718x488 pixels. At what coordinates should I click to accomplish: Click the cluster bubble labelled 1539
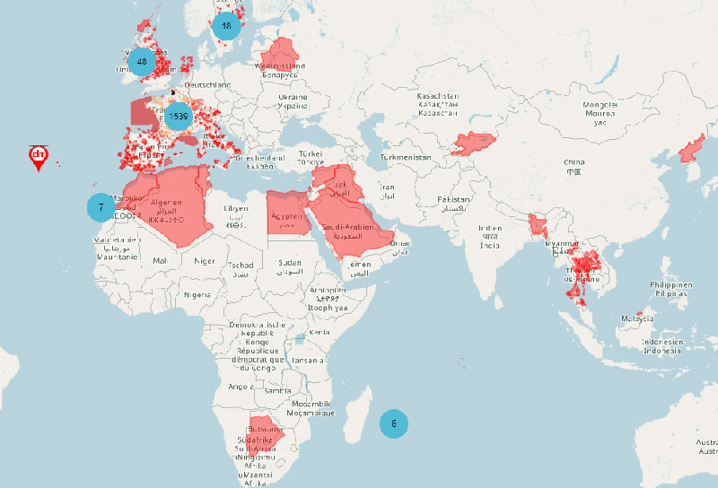[x=178, y=116]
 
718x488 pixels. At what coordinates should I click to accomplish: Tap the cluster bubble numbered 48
[x=142, y=61]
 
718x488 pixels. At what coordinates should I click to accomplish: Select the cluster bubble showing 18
[x=226, y=26]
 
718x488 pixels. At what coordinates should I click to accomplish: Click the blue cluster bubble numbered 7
[x=101, y=207]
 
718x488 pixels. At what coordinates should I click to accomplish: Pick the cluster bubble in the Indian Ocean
[x=394, y=423]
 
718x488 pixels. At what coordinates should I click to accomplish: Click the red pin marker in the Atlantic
[x=39, y=158]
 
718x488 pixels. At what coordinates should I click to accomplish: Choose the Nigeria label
[x=197, y=294]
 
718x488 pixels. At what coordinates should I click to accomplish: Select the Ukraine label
[x=293, y=100]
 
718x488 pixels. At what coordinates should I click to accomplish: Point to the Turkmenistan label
[x=406, y=157]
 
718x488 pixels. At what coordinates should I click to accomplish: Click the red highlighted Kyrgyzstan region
[x=472, y=143]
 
